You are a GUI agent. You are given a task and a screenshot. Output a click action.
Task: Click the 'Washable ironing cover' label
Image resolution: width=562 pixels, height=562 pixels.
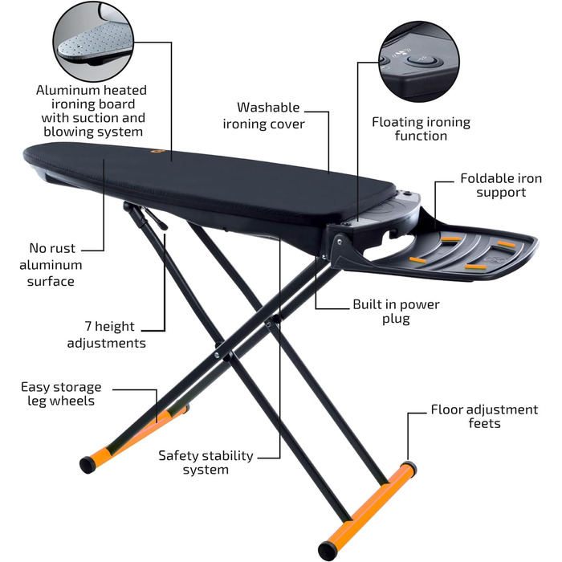pyautogui.click(x=264, y=116)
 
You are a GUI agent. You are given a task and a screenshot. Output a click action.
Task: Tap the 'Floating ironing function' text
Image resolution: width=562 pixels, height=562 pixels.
pyautogui.click(x=421, y=129)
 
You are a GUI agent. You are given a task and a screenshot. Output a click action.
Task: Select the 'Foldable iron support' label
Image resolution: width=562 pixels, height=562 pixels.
pyautogui.click(x=501, y=185)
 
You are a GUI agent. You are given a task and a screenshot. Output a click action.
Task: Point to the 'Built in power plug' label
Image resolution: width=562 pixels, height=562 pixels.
pyautogui.click(x=396, y=312)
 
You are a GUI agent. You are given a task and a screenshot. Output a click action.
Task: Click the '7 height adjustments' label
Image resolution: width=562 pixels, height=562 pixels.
pyautogui.click(x=107, y=335)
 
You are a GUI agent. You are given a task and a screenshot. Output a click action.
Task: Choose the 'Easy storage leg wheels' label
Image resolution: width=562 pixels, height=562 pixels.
pyautogui.click(x=61, y=393)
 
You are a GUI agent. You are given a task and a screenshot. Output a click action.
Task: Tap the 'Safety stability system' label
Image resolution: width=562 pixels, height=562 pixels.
pyautogui.click(x=206, y=462)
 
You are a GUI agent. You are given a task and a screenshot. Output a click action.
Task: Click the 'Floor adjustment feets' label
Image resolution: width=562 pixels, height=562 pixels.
pyautogui.click(x=484, y=416)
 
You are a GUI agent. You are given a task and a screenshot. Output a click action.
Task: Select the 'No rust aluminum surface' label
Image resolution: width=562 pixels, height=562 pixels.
pyautogui.click(x=51, y=264)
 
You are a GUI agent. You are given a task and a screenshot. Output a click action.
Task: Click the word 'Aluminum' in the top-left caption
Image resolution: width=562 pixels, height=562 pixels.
pyautogui.click(x=67, y=90)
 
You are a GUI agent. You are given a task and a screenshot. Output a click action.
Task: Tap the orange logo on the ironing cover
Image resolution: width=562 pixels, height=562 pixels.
pyautogui.click(x=157, y=152)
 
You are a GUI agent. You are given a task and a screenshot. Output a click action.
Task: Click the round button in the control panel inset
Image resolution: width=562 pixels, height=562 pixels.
pyautogui.click(x=422, y=60)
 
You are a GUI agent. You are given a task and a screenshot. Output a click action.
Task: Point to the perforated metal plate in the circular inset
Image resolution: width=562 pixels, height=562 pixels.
pyautogui.click(x=95, y=40)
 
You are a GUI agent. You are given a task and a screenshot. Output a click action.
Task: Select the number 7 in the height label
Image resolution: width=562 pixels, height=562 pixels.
pyautogui.click(x=88, y=326)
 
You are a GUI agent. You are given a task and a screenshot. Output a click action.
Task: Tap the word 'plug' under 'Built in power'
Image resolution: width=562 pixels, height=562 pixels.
pyautogui.click(x=396, y=319)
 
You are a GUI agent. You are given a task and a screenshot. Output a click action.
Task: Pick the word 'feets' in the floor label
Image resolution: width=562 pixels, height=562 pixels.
pyautogui.click(x=484, y=423)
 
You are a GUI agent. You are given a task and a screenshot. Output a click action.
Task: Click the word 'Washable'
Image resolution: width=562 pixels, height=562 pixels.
pyautogui.click(x=268, y=108)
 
